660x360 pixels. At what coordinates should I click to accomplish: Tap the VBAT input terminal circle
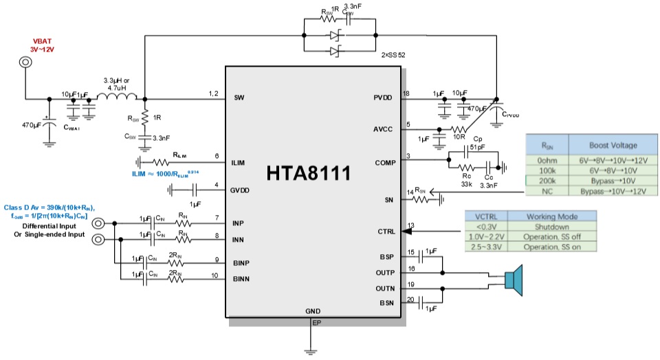tap(25, 63)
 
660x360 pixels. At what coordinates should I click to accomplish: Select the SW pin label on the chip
tap(239, 97)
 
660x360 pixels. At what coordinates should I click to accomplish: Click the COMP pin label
tap(382, 162)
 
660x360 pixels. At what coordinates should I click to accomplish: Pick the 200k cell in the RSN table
tap(547, 180)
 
